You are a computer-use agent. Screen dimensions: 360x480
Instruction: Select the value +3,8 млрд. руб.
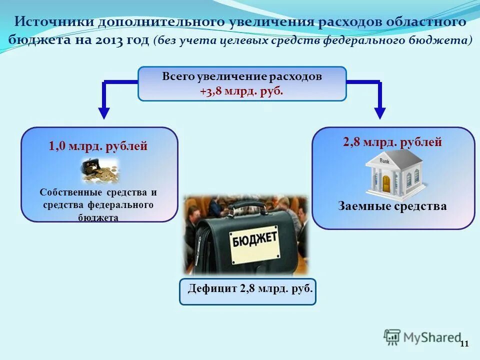click(241, 91)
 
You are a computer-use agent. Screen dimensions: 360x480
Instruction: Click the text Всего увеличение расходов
click(241, 77)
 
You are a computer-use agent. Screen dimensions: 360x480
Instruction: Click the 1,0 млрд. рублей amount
click(98, 146)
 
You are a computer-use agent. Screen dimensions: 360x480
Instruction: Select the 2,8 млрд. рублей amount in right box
click(392, 142)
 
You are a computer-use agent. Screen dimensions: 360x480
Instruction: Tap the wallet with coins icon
click(100, 171)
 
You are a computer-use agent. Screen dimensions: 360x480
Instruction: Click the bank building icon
click(394, 175)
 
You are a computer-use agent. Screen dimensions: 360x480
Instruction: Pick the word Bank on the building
click(384, 161)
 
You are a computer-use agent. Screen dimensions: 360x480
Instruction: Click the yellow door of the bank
click(386, 183)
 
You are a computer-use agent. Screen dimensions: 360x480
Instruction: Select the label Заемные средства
click(392, 206)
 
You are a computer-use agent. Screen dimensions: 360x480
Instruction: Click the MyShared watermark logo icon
click(392, 337)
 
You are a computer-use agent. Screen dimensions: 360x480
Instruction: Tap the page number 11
click(464, 343)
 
